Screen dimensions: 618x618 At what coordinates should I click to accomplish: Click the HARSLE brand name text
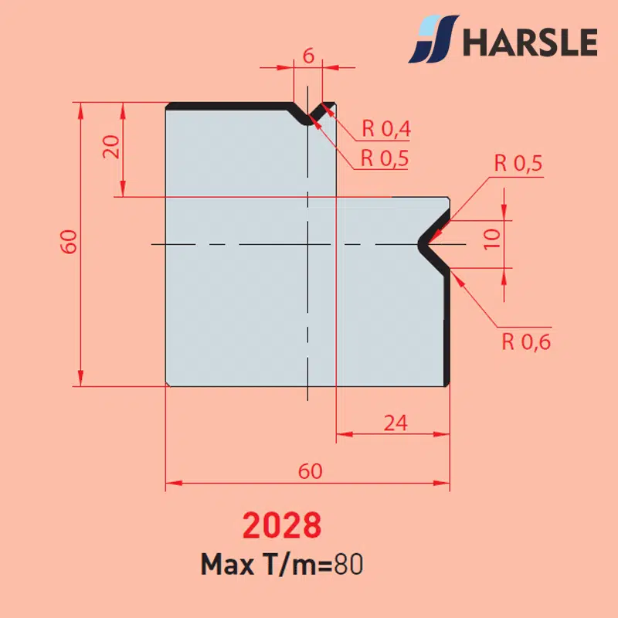click(x=530, y=42)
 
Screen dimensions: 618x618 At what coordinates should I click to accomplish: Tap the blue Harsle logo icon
click(x=434, y=39)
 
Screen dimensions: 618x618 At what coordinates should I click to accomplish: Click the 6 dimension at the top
click(x=308, y=56)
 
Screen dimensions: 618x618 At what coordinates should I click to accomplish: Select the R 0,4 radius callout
click(x=386, y=128)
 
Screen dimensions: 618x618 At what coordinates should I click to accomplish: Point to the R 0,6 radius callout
click(x=526, y=341)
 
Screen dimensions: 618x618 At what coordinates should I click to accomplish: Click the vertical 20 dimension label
click(x=111, y=147)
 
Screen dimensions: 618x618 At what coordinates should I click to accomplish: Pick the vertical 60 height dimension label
click(x=69, y=241)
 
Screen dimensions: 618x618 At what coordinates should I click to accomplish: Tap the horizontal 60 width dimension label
click(x=311, y=471)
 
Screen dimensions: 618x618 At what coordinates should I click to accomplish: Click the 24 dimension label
click(x=396, y=423)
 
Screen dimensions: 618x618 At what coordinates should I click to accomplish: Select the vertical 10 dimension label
click(x=492, y=239)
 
